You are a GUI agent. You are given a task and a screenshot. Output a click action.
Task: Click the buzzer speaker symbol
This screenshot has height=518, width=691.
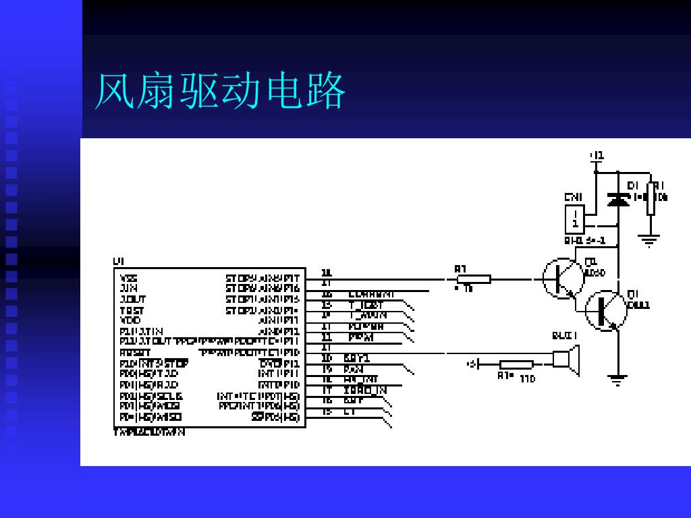coord(566,359)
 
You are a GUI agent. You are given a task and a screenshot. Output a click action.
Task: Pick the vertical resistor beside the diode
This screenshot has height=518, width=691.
coord(651,198)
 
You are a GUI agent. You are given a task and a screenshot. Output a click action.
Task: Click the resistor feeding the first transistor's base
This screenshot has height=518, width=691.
coord(474,279)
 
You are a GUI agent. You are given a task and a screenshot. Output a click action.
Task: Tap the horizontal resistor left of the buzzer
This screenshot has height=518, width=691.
coord(516,364)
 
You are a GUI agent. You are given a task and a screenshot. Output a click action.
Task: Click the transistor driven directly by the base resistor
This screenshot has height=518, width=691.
coord(563,277)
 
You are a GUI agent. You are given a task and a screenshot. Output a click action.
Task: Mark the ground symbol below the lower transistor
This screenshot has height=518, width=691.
coord(616,379)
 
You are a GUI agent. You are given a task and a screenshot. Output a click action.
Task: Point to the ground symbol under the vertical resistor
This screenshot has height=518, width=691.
coord(651,239)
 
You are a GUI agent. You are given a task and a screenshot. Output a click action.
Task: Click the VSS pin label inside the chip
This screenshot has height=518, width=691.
coord(129,278)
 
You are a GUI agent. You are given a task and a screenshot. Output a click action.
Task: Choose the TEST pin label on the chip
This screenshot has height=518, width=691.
coord(132,310)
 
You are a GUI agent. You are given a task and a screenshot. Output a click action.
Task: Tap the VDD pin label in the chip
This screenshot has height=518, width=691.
coord(130,320)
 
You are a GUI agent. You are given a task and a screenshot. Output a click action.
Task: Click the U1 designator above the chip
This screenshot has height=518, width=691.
coord(118,261)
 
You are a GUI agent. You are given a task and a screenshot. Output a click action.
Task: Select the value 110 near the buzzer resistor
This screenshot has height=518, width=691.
coord(528,379)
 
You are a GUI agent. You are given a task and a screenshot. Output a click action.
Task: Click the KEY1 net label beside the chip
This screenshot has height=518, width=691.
coord(357,358)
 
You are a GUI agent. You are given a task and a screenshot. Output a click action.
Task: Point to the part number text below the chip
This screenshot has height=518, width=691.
coord(148,432)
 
